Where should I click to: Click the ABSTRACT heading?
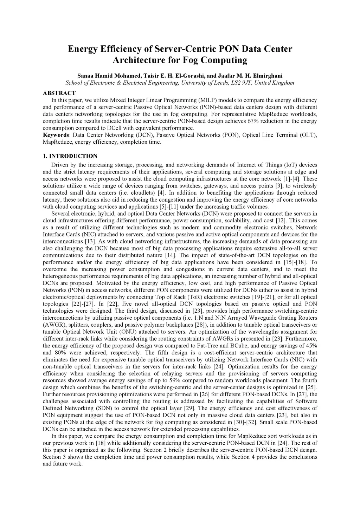click(x=59, y=93)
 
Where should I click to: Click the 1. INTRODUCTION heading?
click(x=70, y=156)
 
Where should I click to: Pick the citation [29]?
click(x=190, y=408)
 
